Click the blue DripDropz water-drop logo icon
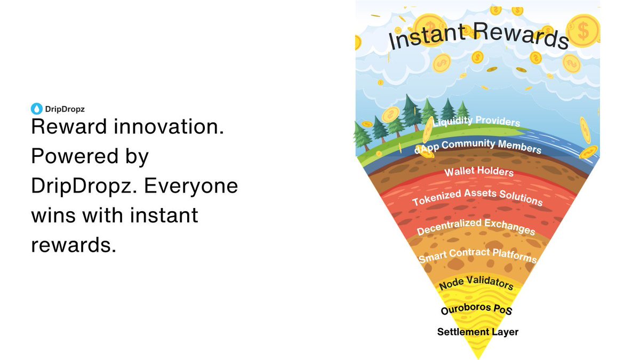click(37, 109)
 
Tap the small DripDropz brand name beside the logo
click(65, 109)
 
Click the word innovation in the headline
click(169, 126)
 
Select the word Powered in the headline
click(75, 156)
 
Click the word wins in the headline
click(53, 215)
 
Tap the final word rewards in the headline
click(74, 245)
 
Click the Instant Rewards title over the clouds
click(478, 36)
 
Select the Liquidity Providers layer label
click(476, 121)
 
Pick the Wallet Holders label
click(479, 171)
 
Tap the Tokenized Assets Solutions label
click(477, 197)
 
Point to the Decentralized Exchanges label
click(476, 227)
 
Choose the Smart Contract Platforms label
click(477, 255)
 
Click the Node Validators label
click(476, 283)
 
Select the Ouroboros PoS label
click(476, 309)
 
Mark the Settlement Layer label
click(478, 332)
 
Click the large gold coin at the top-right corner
click(583, 30)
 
